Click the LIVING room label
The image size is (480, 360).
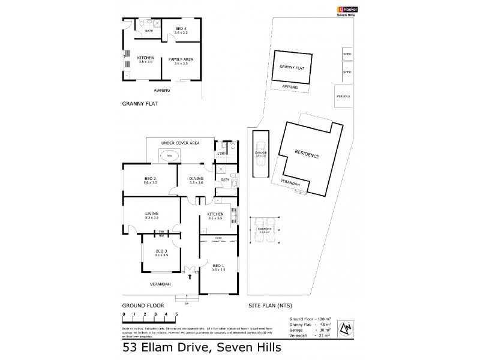151,213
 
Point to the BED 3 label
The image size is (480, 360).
161,251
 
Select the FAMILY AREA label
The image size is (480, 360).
180,59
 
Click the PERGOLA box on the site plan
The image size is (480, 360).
343,95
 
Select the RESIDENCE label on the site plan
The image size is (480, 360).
307,155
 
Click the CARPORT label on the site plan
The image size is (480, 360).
265,229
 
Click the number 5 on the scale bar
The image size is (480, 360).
176,314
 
